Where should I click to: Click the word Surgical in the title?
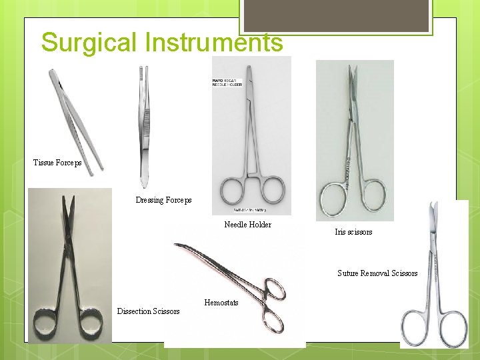click(89, 43)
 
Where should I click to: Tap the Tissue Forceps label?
click(57, 163)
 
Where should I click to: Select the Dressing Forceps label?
click(163, 200)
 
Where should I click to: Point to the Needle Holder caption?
click(247, 225)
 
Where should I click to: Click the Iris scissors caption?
click(353, 232)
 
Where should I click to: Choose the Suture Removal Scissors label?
click(377, 273)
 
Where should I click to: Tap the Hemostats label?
click(221, 303)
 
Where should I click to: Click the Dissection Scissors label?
click(148, 311)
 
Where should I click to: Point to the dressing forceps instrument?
click(143, 127)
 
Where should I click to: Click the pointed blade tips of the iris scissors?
click(352, 73)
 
